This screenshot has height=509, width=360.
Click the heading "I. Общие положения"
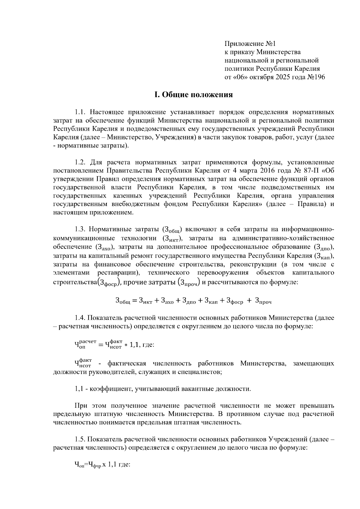pyautogui.click(x=193, y=95)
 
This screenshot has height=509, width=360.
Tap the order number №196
pyautogui.click(x=316, y=77)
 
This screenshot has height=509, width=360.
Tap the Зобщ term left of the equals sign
pyautogui.click(x=123, y=301)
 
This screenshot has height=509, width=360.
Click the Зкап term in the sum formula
pyautogui.click(x=211, y=301)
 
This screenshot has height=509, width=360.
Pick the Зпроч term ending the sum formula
pyautogui.click(x=263, y=301)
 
